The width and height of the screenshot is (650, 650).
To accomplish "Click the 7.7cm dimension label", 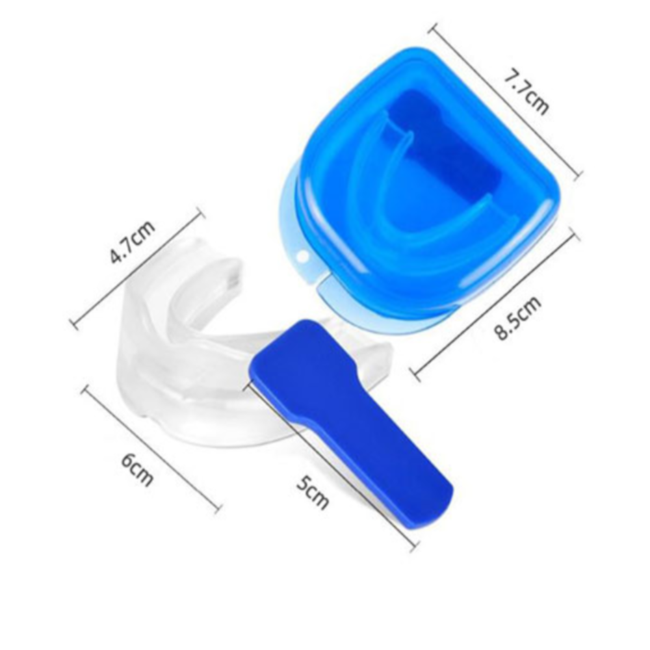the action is pyautogui.click(x=526, y=93).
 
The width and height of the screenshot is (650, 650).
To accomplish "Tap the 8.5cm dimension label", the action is pyautogui.click(x=517, y=317).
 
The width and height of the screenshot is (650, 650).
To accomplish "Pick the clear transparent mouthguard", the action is pyautogui.click(x=232, y=344).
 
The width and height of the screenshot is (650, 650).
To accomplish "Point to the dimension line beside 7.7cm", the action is pyautogui.click(x=505, y=101).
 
